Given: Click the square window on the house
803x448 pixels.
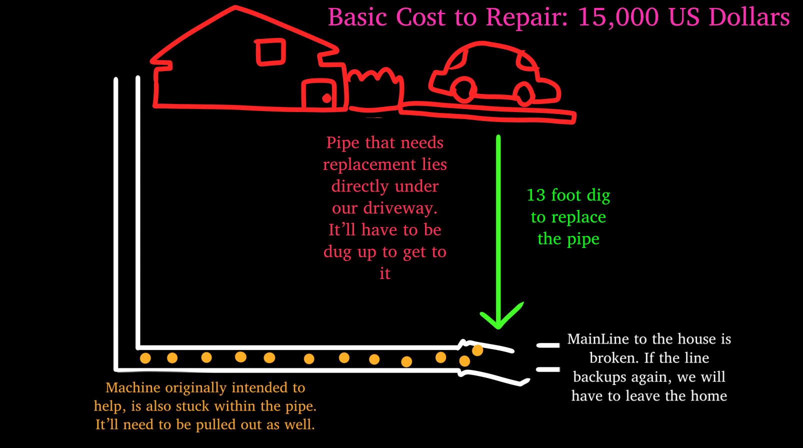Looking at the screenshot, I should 270,52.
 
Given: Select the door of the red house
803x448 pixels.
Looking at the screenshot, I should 318,94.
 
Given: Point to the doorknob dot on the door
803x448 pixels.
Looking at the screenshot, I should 326,98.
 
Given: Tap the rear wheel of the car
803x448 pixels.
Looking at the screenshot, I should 464,90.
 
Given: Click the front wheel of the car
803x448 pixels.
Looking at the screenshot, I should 524,93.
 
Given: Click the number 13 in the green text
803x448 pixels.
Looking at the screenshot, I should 536,195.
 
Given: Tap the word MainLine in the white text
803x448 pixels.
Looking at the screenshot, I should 598,339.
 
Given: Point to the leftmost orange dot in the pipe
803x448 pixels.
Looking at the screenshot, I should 145,358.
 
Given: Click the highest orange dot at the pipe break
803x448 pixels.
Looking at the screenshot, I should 477,350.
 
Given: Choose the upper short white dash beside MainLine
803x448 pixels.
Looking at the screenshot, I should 548,345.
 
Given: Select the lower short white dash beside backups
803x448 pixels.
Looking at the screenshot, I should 548,369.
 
